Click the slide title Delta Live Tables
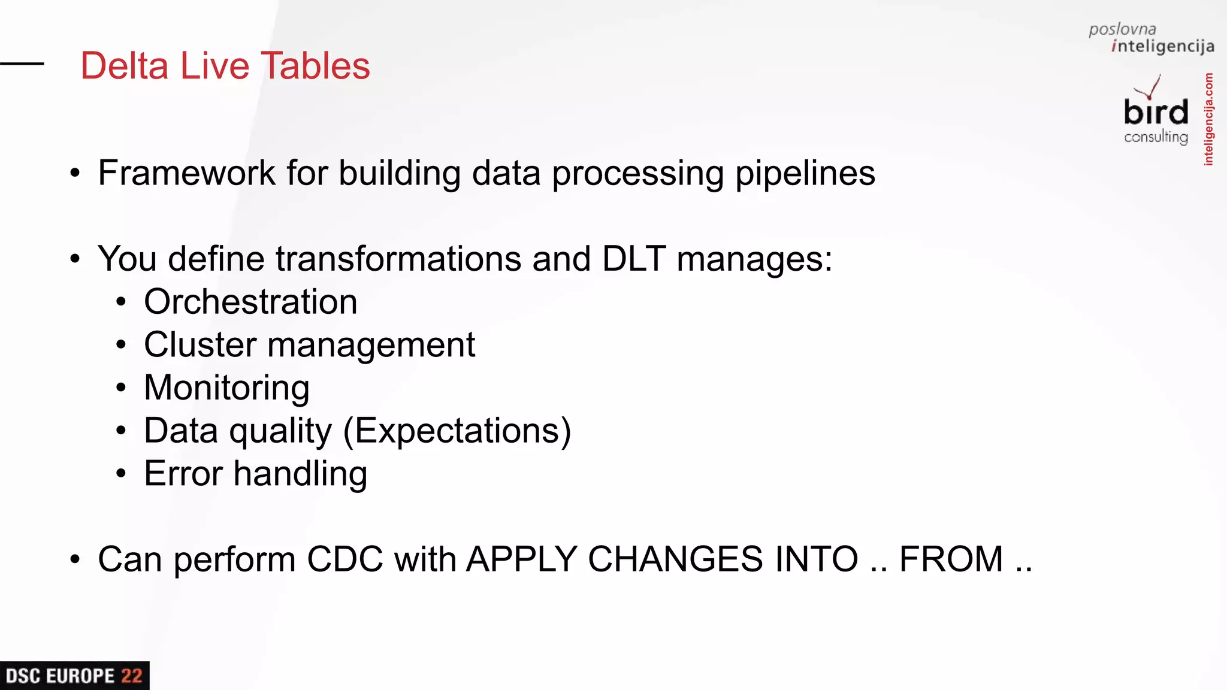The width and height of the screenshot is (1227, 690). [x=225, y=65]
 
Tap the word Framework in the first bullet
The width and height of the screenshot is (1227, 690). [x=186, y=173]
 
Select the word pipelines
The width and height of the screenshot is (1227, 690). [x=805, y=174]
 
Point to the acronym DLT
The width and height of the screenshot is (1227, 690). [x=633, y=259]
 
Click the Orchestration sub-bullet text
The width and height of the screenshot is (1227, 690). [x=250, y=301]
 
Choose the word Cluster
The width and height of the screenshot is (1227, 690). [x=200, y=344]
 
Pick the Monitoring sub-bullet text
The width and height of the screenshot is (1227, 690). [x=226, y=388]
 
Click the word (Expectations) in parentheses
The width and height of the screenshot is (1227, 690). [x=457, y=431]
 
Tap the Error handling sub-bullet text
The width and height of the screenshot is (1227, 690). [x=255, y=474]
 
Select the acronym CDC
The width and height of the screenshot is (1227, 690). [x=344, y=559]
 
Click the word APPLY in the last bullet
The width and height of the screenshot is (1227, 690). [x=521, y=559]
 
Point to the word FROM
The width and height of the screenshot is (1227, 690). [x=951, y=559]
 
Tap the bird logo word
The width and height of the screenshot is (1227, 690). [x=1156, y=112]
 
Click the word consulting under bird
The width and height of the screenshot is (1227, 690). [x=1156, y=137]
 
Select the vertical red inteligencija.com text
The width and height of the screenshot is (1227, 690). [x=1208, y=119]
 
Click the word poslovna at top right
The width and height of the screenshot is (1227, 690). [x=1122, y=29]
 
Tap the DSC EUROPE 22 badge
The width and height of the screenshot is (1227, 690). [x=74, y=676]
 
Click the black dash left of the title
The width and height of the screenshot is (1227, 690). [x=22, y=63]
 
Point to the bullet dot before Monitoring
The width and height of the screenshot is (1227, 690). [x=121, y=388]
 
